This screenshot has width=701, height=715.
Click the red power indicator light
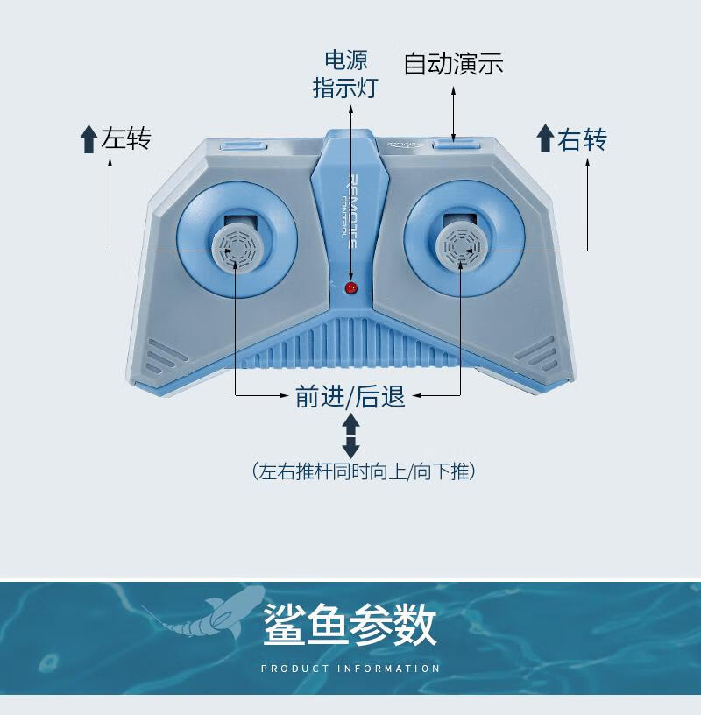tap(351, 287)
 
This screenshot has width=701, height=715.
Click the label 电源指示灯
tap(345, 74)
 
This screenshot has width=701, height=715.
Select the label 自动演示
tap(453, 64)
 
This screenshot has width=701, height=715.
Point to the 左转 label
tap(126, 138)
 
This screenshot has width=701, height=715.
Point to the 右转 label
tap(583, 138)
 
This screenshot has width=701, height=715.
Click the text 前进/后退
tap(350, 396)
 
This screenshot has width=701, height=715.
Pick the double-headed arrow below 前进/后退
tap(351, 435)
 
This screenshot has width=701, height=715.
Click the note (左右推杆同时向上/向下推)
tap(363, 471)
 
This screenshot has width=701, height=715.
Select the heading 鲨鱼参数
tap(350, 624)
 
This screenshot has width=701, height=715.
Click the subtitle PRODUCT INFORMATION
tap(350, 669)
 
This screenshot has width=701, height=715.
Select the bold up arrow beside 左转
tap(88, 139)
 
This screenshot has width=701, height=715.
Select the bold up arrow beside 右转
tap(545, 139)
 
